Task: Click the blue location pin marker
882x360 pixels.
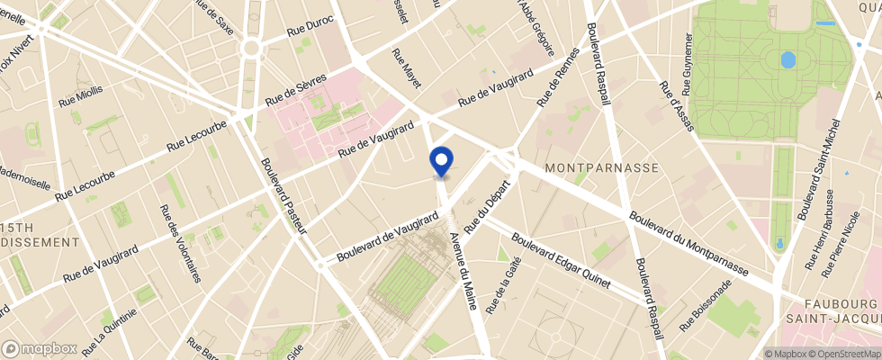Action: pos(442,160)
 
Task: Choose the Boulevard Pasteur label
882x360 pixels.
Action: pos(284,197)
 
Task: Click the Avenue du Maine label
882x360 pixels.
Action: pos(462,268)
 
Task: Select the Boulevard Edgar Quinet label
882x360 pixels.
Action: pos(561,262)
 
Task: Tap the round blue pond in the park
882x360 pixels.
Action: pos(788,60)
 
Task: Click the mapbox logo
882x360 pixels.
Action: pos(40,348)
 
